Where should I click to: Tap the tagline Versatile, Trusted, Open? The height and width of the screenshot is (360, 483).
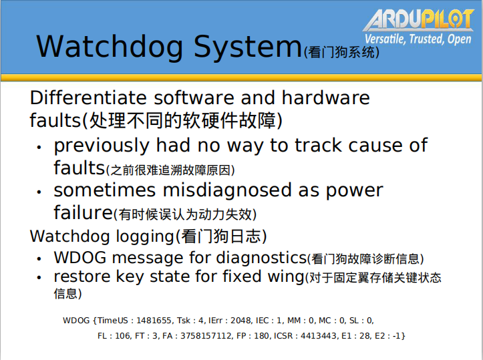click(x=418, y=39)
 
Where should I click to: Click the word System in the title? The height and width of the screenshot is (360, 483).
click(x=248, y=47)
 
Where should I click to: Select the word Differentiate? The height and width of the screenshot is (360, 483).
click(x=88, y=98)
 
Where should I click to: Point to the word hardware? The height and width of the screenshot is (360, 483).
click(x=325, y=98)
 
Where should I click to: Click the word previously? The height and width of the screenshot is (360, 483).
click(x=102, y=146)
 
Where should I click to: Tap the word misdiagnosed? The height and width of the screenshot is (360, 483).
click(x=227, y=190)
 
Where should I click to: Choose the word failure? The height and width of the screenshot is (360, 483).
click(x=83, y=212)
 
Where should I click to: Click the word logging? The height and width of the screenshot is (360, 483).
click(x=146, y=237)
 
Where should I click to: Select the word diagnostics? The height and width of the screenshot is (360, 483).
click(x=261, y=257)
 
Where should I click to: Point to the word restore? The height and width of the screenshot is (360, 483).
click(x=82, y=277)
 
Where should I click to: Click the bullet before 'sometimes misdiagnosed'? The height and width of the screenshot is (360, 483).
click(x=39, y=192)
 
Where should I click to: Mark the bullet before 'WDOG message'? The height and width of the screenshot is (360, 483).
click(x=39, y=259)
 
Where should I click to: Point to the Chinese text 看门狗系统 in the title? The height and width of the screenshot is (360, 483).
click(x=341, y=52)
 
